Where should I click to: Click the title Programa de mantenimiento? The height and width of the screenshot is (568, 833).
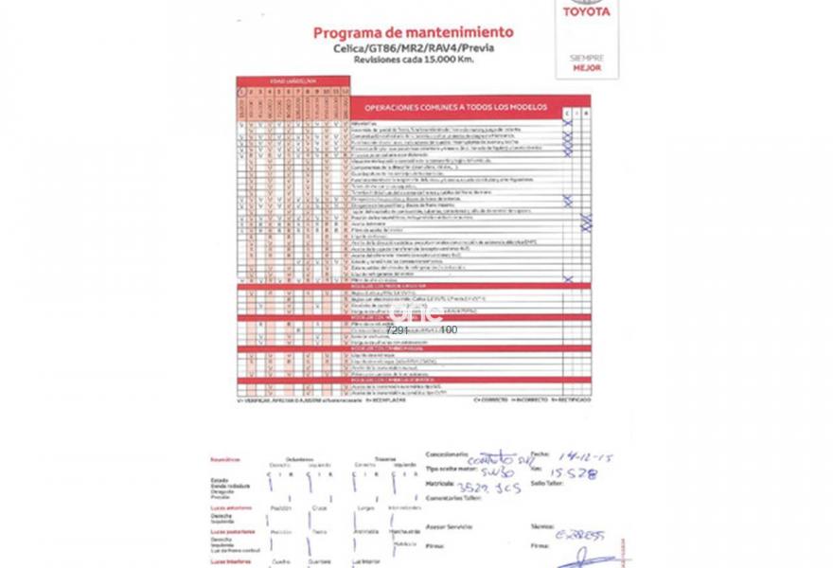[414, 32]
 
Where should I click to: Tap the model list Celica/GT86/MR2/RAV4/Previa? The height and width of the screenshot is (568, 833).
[414, 47]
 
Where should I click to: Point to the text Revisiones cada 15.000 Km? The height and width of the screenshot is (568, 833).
[414, 59]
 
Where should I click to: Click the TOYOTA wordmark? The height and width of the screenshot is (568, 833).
[587, 11]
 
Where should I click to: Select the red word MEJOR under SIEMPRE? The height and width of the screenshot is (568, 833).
[587, 68]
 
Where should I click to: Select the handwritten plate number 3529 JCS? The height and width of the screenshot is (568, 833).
[488, 488]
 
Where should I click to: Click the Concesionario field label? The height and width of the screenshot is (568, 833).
[447, 453]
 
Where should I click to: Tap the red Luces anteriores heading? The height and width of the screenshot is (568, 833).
[232, 507]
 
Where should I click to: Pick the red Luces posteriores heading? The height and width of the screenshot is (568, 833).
[233, 531]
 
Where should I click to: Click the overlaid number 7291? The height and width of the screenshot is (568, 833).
[398, 330]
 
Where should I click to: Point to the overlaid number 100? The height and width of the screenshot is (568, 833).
[449, 330]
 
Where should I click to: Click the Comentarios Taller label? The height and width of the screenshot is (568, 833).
[452, 497]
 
